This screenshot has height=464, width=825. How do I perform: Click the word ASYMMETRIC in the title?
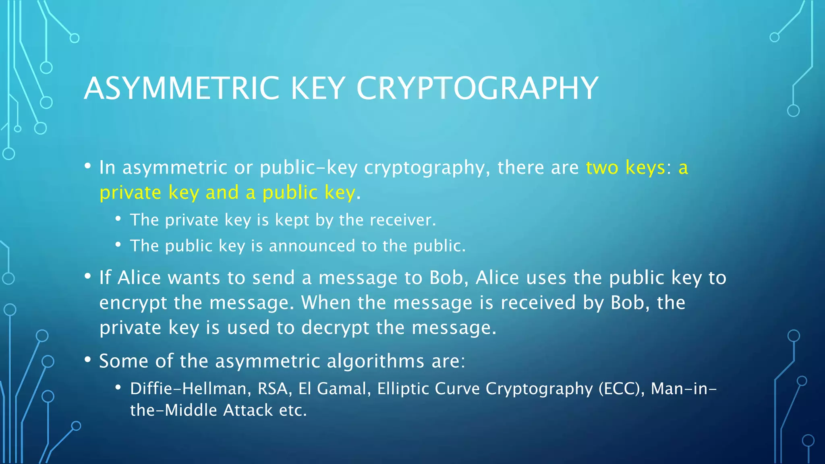182,88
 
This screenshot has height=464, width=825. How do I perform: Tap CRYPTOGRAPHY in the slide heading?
477,88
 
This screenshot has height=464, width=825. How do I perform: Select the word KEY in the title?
318,88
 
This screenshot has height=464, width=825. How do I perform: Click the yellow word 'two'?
602,167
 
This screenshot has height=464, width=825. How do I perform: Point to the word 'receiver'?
402,220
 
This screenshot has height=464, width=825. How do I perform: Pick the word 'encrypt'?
133,303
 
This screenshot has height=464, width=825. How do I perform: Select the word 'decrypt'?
335,327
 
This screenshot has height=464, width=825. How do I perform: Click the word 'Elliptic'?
402,389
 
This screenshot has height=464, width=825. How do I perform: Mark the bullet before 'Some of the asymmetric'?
88,360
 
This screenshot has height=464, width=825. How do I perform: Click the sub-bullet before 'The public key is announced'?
118,244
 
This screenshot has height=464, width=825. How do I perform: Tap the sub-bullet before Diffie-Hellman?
118,387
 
